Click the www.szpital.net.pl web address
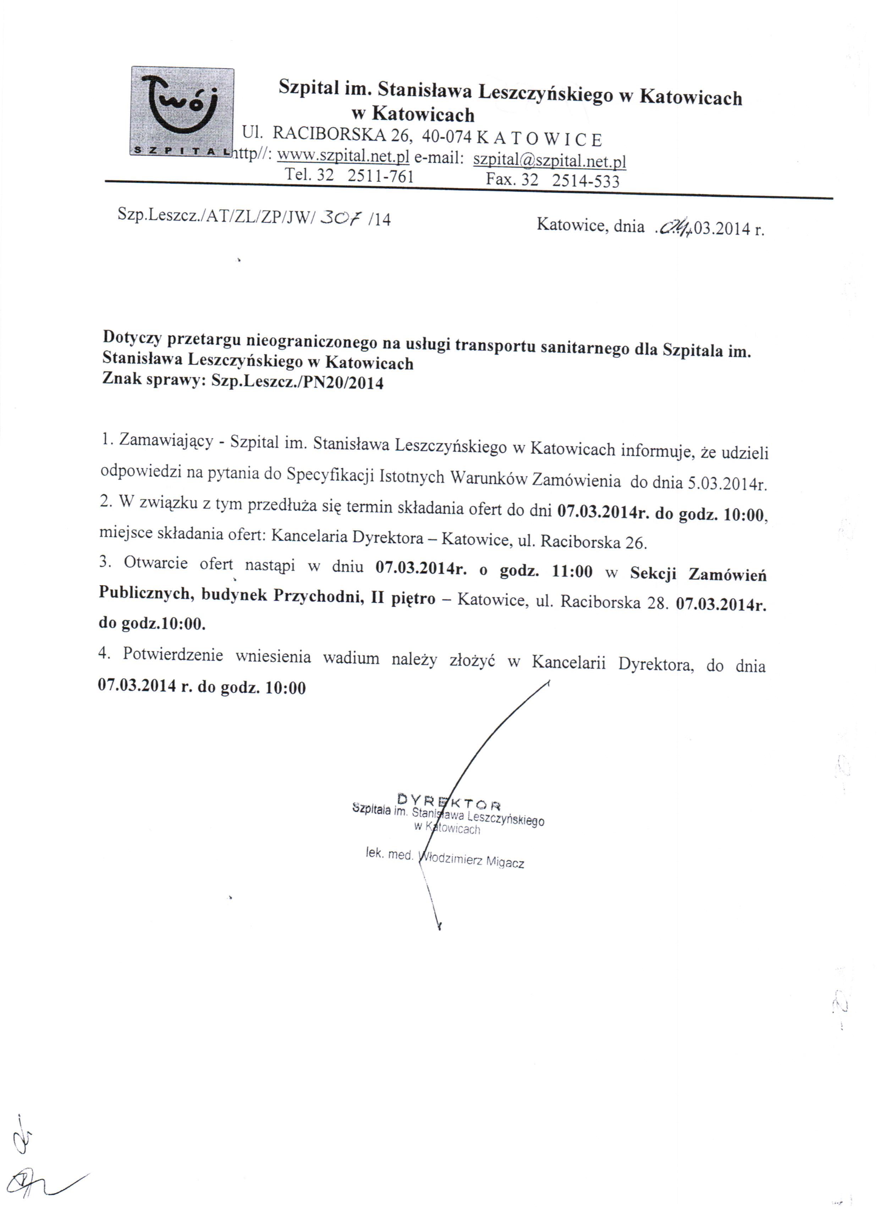coord(343,155)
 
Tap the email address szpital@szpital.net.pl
coord(549,160)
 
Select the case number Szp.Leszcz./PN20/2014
coord(297,382)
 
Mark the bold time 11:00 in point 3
coord(572,571)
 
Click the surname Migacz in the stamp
coord(505,862)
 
